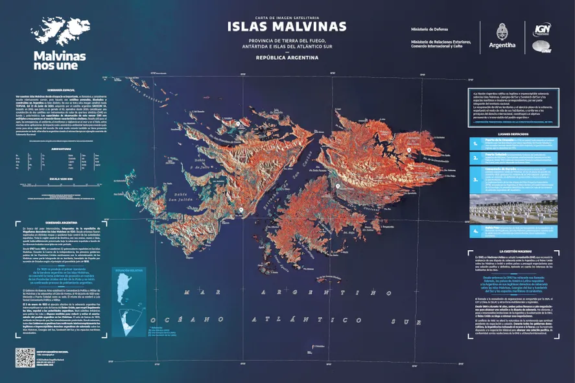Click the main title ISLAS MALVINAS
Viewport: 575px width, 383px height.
[287, 27]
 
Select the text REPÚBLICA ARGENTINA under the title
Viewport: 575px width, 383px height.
[287, 58]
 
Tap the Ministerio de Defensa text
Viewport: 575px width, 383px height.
[430, 29]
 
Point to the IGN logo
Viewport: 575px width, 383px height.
[542, 30]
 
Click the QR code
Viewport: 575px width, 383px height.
[25, 357]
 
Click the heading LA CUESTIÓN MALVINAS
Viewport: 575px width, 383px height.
[517, 251]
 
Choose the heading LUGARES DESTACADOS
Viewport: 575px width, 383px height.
[517, 134]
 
